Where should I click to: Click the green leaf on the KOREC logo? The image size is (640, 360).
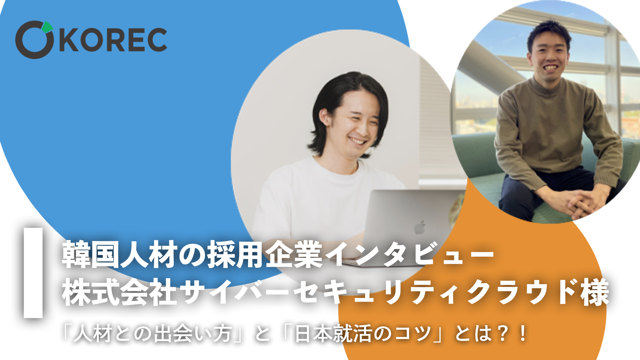coord(48,27)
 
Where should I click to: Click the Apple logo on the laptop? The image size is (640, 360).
coord(420,227)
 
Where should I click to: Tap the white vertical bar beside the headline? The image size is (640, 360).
coord(33,273)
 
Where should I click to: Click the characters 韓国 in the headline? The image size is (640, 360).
coord(91,255)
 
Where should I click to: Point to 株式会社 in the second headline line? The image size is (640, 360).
coord(119,293)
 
